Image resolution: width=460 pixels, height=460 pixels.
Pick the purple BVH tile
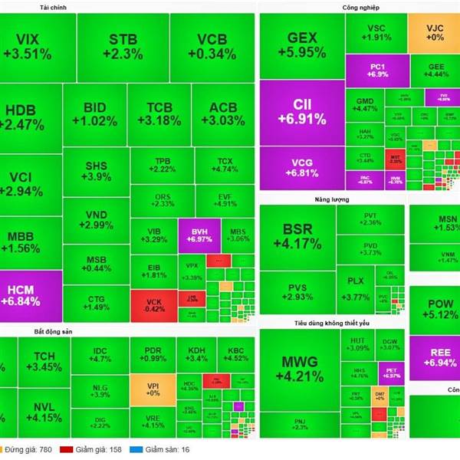[199, 235]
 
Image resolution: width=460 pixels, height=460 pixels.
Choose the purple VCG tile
[302, 167]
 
